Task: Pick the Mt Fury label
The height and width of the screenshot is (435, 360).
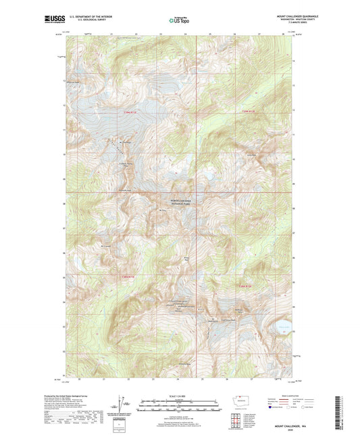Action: pyautogui.click(x=162, y=211)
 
